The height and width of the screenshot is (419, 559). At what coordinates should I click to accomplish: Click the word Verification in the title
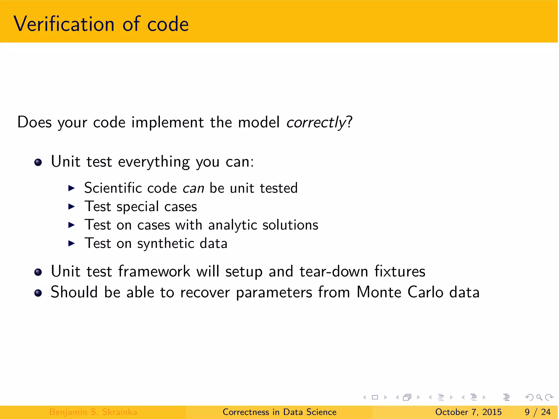64,24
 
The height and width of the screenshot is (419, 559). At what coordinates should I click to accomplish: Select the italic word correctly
316,122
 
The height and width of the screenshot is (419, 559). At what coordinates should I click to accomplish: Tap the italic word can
193,188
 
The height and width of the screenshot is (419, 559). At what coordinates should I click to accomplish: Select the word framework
154,271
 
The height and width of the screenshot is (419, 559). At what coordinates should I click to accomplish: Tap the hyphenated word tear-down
334,271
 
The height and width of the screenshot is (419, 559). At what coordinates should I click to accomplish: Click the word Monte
379,292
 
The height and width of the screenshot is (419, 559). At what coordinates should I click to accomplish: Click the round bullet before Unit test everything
38,163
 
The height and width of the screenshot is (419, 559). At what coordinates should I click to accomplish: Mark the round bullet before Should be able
38,293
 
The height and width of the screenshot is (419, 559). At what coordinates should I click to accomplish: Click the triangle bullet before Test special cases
72,206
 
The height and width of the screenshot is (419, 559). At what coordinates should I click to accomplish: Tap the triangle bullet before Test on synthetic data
72,243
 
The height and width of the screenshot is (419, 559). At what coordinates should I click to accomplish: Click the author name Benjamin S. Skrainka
93,412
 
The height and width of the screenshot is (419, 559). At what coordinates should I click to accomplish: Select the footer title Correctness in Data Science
279,412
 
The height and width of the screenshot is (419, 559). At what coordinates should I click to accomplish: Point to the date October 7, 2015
468,412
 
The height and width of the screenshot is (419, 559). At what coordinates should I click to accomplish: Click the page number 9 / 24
537,412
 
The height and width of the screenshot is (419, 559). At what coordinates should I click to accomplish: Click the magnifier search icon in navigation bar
539,397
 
